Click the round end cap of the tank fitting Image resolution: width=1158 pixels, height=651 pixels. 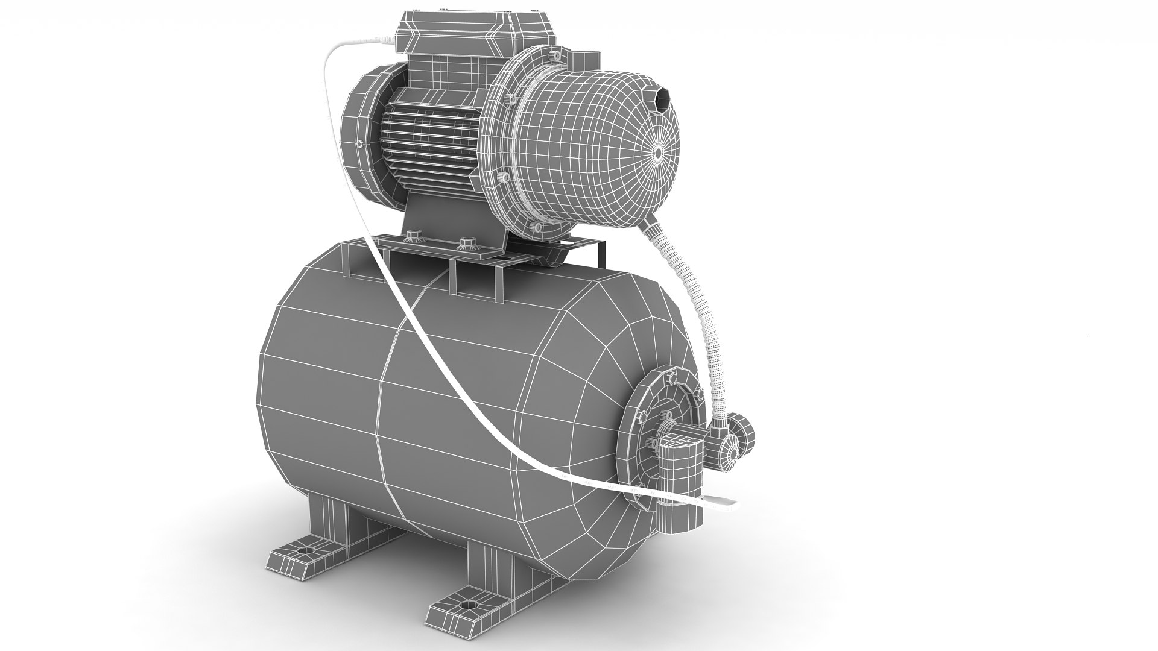point(730,448)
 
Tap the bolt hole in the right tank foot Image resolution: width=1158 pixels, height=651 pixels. point(466,603)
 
